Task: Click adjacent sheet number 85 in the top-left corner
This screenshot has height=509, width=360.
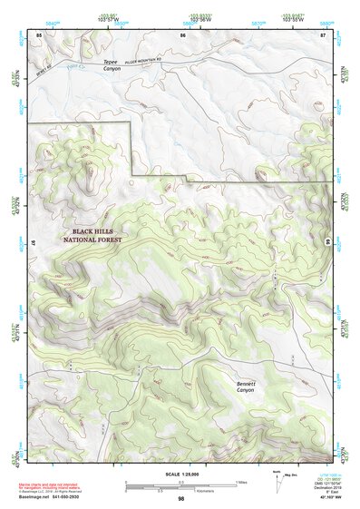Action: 39,34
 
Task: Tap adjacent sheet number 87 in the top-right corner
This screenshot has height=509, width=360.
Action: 323,34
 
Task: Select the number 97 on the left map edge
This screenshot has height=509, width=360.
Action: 32,245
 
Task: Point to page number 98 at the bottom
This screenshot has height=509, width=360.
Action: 181,499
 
